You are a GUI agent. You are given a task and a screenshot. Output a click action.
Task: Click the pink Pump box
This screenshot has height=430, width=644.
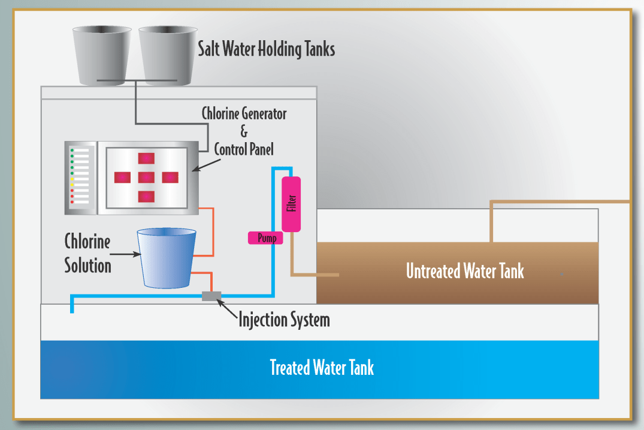tap(265, 238)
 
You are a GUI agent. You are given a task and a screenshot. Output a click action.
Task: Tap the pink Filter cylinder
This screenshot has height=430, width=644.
tap(291, 204)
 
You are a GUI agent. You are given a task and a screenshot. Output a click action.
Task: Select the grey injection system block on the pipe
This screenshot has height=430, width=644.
tap(211, 296)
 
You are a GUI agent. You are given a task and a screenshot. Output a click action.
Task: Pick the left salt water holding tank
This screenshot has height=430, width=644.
tap(102, 55)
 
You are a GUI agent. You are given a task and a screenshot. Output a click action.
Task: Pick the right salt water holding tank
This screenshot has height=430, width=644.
tap(168, 55)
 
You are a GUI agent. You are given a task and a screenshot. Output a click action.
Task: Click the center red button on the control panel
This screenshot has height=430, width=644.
tap(146, 178)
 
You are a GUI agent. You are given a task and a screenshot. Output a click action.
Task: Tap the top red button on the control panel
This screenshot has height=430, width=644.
tap(146, 158)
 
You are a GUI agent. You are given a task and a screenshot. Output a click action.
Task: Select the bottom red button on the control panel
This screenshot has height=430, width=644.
tap(146, 197)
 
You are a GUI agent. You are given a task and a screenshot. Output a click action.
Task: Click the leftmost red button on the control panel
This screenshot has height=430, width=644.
tap(123, 178)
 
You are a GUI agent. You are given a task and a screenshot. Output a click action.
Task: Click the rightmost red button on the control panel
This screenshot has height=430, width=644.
tap(170, 178)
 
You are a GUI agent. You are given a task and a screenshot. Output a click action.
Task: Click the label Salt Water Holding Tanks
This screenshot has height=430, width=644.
tap(266, 49)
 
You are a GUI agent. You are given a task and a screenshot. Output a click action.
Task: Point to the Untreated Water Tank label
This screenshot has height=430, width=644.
tap(465, 271)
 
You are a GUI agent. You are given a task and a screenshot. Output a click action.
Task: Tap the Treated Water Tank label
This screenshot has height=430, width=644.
tap(322, 367)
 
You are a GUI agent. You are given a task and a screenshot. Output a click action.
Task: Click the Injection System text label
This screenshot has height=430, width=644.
tap(284, 319)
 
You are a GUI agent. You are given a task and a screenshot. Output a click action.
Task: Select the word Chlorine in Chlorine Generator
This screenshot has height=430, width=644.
tap(220, 114)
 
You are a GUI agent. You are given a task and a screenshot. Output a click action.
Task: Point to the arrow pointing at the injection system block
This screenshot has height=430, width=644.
tap(228, 306)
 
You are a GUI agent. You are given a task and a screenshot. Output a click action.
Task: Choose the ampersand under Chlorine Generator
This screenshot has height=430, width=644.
tap(244, 131)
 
